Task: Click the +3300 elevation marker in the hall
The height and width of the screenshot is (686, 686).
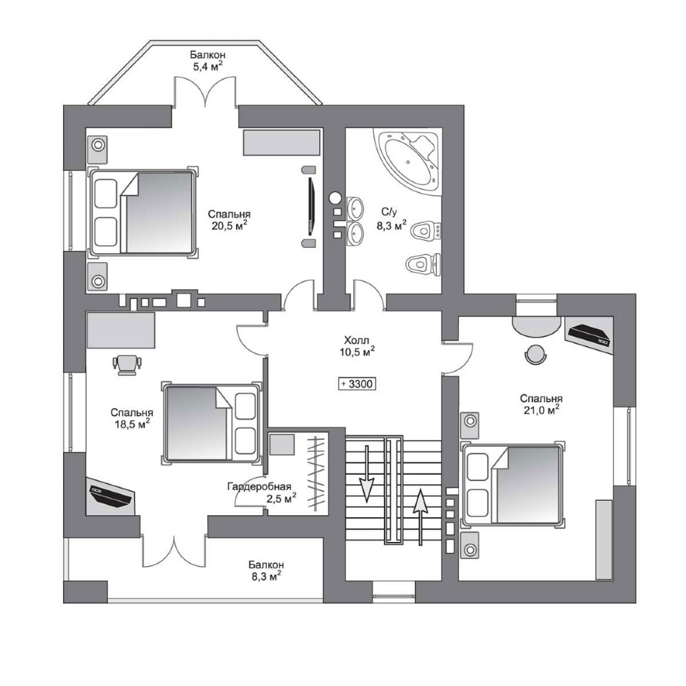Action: click(x=357, y=383)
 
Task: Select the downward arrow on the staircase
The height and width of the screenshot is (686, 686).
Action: click(x=366, y=474)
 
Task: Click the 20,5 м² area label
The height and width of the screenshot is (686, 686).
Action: click(x=229, y=225)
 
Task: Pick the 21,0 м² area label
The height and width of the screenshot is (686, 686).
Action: click(x=542, y=410)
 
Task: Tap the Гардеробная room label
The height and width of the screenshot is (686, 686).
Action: click(x=259, y=486)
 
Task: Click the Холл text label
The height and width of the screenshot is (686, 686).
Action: click(x=357, y=340)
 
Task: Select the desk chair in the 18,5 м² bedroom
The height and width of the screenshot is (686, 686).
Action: click(x=128, y=365)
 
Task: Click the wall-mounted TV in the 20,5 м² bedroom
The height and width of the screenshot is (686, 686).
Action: click(x=311, y=205)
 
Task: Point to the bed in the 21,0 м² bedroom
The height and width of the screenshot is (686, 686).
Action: click(x=512, y=485)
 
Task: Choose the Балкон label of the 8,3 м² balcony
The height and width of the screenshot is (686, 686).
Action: click(x=266, y=565)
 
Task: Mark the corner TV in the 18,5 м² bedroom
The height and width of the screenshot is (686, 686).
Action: click(x=110, y=496)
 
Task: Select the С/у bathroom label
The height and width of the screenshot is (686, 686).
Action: click(x=389, y=212)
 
